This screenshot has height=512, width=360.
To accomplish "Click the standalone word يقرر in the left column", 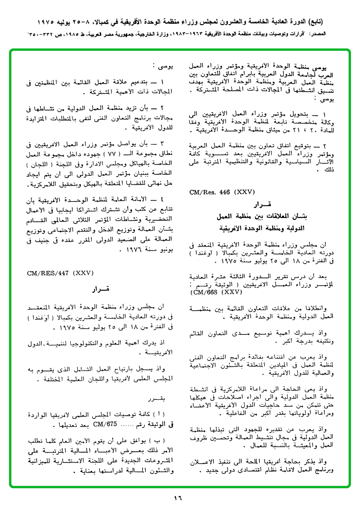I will coord(156,398).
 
